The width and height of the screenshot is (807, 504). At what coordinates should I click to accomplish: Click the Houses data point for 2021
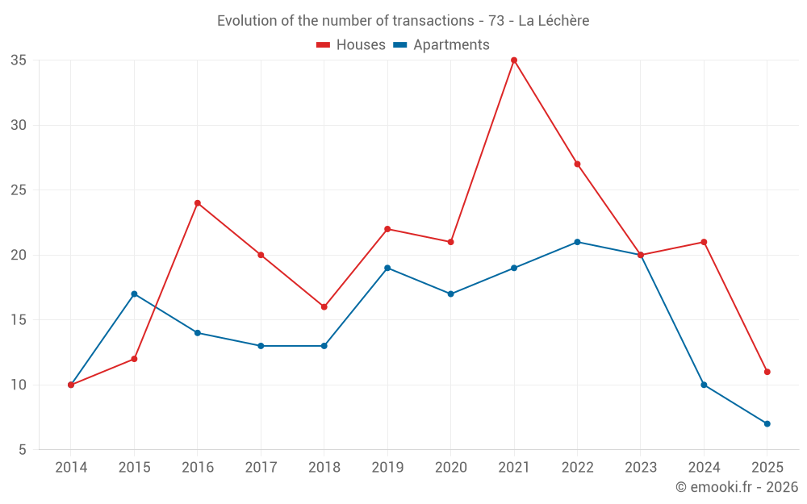514,60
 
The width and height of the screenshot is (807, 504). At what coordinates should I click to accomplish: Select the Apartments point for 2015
134,294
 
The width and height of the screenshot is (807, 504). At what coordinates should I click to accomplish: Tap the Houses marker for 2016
198,203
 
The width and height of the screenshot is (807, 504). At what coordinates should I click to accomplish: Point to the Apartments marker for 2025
767,423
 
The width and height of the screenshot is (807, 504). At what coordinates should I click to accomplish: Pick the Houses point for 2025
767,372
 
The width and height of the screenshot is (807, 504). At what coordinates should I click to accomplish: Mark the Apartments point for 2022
577,242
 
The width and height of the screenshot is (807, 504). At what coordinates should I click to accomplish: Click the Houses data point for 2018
324,307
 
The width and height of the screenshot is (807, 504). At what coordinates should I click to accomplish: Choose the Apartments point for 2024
704,385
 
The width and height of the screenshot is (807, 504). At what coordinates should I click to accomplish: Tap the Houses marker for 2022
577,165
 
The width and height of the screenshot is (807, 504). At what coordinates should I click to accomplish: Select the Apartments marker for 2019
387,268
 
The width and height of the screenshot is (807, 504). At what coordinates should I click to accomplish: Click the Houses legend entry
351,45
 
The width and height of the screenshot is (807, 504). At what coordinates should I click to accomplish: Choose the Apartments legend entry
441,45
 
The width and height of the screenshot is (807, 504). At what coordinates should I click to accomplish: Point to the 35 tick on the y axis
19,60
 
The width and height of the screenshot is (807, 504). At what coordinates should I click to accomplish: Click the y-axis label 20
19,255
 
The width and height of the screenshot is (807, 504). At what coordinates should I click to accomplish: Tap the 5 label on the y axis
23,450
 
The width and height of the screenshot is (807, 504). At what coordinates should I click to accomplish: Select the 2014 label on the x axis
71,468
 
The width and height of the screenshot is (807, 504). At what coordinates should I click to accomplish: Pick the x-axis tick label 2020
450,468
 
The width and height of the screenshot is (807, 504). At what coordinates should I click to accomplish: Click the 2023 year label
641,468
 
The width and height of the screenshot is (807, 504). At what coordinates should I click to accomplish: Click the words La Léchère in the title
554,21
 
